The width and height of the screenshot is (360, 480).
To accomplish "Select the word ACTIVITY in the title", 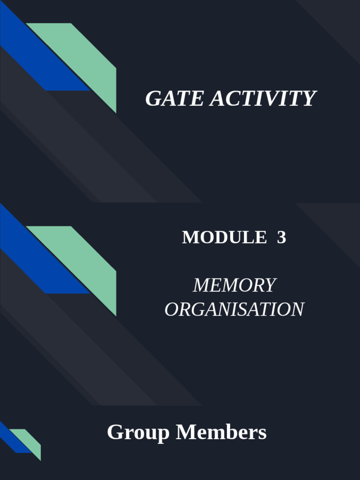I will tap(262, 99).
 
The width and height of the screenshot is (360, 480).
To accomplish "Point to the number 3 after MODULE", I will tap(281, 238).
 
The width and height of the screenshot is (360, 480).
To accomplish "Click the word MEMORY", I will tap(234, 285).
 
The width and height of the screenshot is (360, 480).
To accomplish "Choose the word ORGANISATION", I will tap(234, 309).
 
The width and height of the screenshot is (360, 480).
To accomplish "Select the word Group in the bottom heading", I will tap(138, 432).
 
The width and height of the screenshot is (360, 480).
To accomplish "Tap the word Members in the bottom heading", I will tap(221, 432).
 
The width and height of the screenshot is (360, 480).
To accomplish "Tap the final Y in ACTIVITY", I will tap(309, 99).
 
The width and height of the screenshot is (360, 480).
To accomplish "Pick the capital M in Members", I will tap(184, 432).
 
